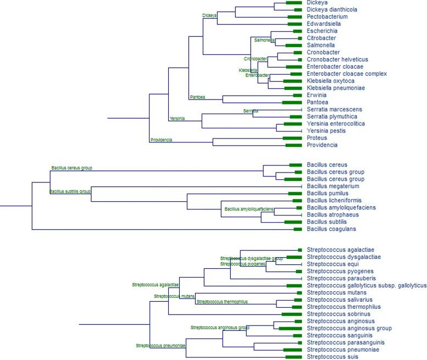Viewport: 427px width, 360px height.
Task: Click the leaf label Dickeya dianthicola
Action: point(331,9)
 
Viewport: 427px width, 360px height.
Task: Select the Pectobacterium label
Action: point(327,16)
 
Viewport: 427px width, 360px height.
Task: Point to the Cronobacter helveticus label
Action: point(337,59)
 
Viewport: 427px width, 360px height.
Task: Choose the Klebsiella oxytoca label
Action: point(330,81)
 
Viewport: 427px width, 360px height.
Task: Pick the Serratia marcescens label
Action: point(334,109)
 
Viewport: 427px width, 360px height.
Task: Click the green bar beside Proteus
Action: point(292,138)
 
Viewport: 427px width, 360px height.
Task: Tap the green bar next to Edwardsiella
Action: point(295,24)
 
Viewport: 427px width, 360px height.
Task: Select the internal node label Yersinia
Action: point(177,119)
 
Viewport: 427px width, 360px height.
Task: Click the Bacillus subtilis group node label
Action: point(70,192)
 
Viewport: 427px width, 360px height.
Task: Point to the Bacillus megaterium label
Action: point(332,186)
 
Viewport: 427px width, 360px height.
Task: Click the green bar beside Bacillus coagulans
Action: point(297,229)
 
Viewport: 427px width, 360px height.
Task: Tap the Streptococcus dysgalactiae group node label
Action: point(251,258)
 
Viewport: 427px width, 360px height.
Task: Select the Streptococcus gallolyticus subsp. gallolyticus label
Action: point(367,285)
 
